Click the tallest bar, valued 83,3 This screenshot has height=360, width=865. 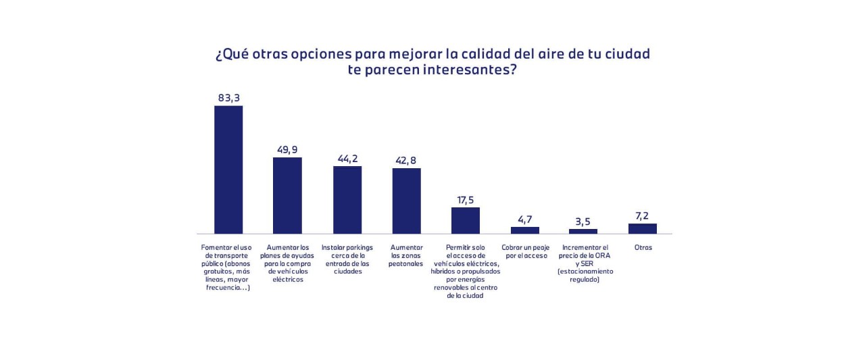point(228,170)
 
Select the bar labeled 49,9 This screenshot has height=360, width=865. point(287,195)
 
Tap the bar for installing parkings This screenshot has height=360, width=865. point(347,200)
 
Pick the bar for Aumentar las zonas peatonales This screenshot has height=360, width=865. point(407,201)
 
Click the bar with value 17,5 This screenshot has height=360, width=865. point(466,220)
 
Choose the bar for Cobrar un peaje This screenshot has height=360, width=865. point(525,230)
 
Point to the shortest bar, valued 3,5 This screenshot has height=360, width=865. point(583,231)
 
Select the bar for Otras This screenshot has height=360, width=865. point(643,228)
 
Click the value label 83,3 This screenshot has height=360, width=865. point(229,98)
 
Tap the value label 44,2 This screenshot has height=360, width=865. point(347,159)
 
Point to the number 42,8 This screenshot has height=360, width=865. point(407,160)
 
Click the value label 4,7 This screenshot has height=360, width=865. point(525,220)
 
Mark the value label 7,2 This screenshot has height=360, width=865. point(643,216)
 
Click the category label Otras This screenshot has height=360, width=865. point(643,247)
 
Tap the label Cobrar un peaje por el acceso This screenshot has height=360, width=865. point(525,252)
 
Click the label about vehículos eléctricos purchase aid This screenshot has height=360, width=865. point(287,263)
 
